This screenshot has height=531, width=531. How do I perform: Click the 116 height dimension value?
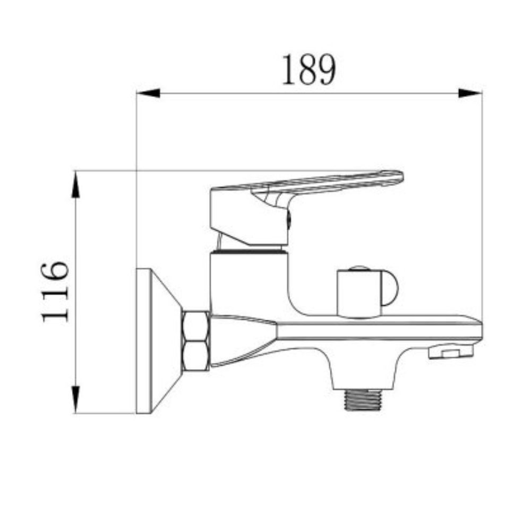coord(55,291)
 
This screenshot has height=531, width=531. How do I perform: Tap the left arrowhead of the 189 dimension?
coord(148,93)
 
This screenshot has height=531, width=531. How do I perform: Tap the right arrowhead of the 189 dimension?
coord(470,93)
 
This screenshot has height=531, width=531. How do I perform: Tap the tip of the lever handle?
coord(396,178)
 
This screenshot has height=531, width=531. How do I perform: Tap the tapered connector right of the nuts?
coord(242,340)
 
